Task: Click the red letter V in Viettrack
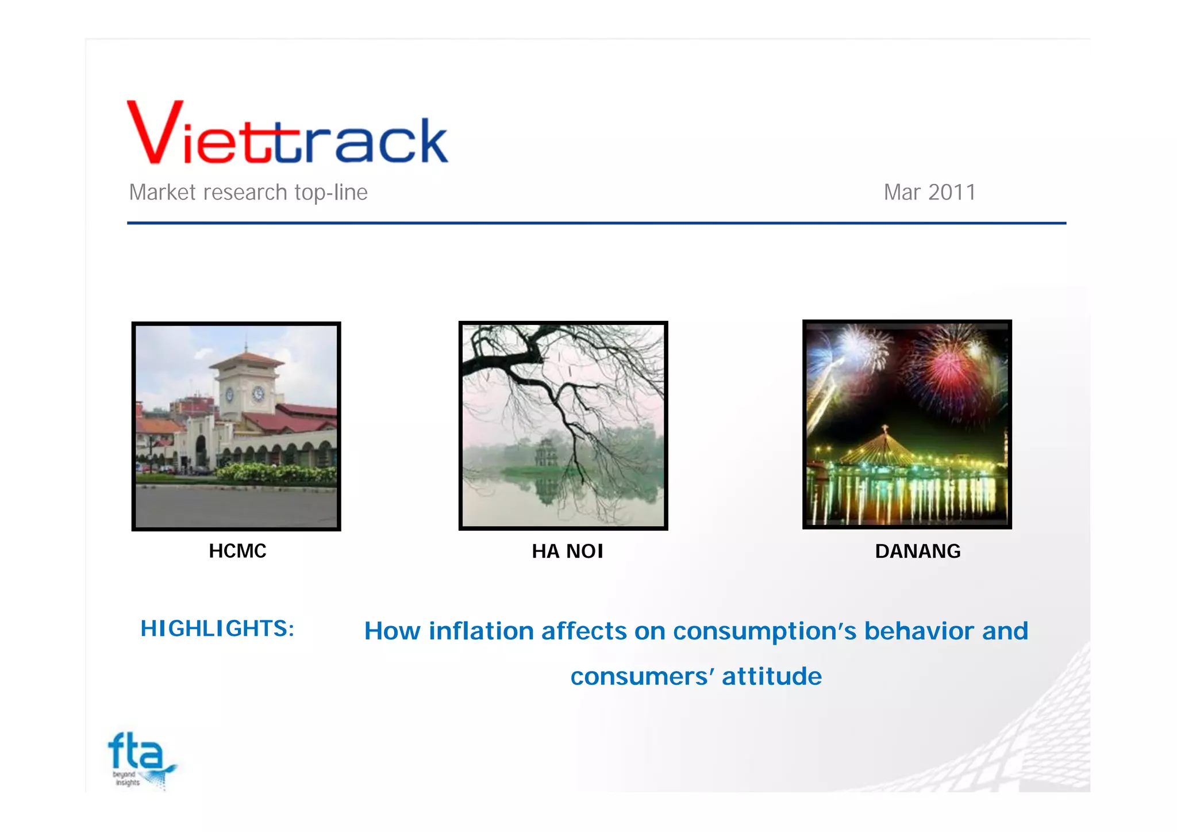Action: coord(154,133)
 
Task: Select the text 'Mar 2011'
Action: coord(929,192)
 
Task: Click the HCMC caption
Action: coord(237,551)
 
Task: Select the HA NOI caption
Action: coord(567,551)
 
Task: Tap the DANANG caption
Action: coord(917,551)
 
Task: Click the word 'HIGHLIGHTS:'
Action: coord(217,628)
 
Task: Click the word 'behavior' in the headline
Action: coord(919,631)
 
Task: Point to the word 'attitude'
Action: coord(771,676)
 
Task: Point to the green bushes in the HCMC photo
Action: coord(276,473)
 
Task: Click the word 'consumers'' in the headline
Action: coord(643,676)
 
